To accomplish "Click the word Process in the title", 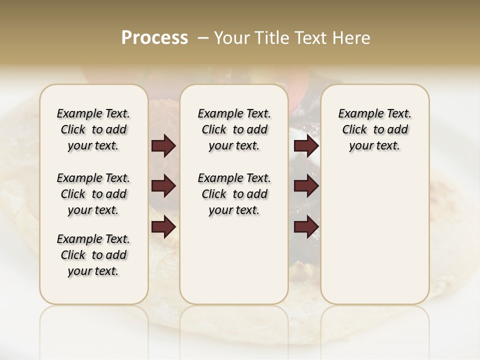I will (x=154, y=38).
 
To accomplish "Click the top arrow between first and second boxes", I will (x=163, y=146).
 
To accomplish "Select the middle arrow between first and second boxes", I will (x=163, y=186).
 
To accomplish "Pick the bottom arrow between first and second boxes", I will (x=163, y=227).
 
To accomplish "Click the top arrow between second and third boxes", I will (x=306, y=146).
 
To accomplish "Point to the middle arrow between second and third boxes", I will (x=306, y=186).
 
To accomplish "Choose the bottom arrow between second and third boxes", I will (x=306, y=227).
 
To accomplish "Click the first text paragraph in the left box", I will (x=93, y=129).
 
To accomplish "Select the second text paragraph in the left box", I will (x=93, y=194).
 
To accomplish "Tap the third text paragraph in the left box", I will (x=93, y=255).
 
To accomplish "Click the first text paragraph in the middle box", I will (x=234, y=129).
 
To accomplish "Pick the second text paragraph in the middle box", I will (x=234, y=194).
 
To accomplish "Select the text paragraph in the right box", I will (x=375, y=129).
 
